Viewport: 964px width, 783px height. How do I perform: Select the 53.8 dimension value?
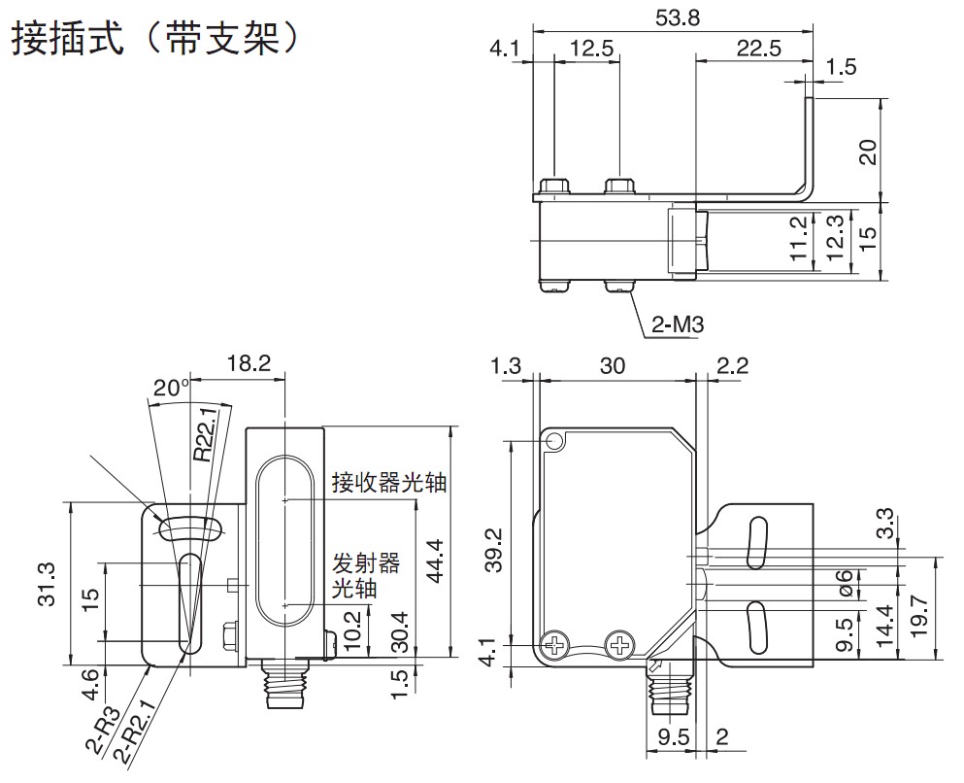coord(677,15)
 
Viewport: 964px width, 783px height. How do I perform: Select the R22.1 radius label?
coord(206,431)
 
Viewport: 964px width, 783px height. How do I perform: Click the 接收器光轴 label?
coord(388,482)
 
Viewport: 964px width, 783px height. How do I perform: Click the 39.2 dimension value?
coord(494,551)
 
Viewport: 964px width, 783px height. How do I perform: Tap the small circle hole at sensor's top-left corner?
coord(555,443)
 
